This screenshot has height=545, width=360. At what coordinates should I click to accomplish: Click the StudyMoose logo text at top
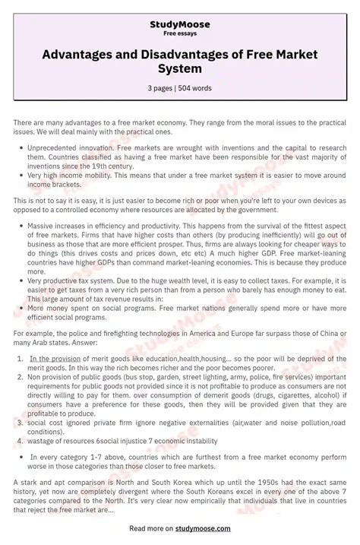pyautogui.click(x=179, y=24)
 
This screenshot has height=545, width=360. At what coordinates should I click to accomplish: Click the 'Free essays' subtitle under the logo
pyautogui.click(x=179, y=33)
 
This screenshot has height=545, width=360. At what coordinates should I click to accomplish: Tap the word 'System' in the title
pyautogui.click(x=180, y=69)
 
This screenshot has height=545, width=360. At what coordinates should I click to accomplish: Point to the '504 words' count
pyautogui.click(x=196, y=88)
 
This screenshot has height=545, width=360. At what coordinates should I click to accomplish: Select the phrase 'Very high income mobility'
pyautogui.click(x=63, y=176)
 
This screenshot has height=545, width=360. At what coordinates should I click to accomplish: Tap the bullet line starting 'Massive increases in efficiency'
pyautogui.click(x=91, y=226)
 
